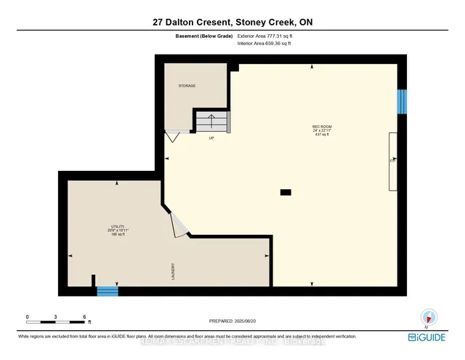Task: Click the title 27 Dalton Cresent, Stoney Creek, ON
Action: [232, 22]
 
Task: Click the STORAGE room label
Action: [187, 86]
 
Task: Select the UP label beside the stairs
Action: [211, 137]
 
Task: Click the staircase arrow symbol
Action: [210, 121]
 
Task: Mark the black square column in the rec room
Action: [286, 193]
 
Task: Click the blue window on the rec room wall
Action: [400, 102]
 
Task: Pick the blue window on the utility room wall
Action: [108, 292]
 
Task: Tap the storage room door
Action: [174, 136]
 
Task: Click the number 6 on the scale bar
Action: [84, 318]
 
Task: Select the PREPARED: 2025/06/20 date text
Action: [232, 320]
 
